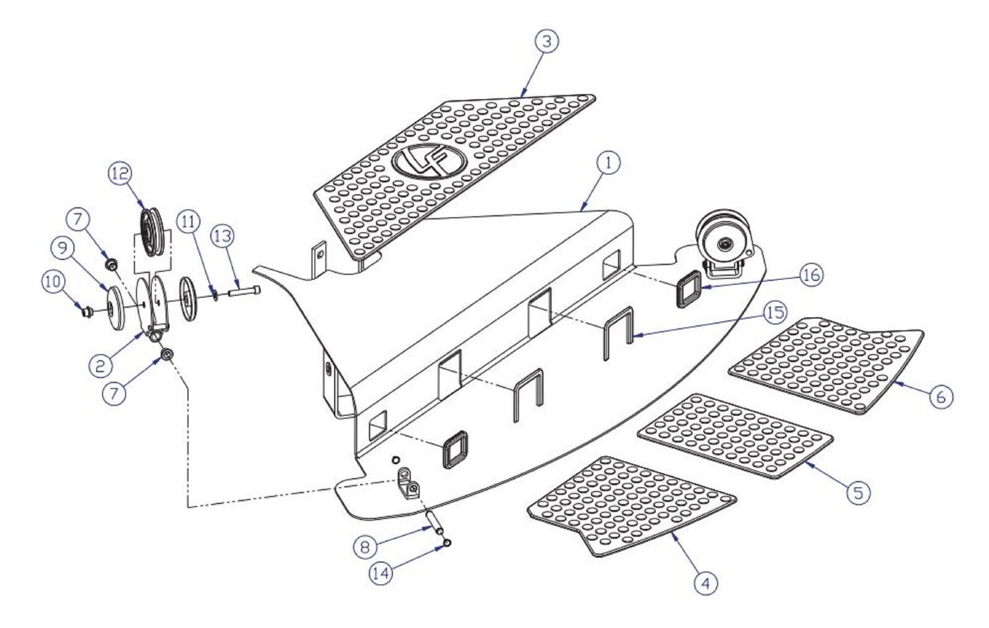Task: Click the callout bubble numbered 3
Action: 546,41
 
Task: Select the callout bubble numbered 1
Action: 608,163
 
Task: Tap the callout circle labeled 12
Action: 120,174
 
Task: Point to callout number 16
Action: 812,275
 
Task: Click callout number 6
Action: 941,397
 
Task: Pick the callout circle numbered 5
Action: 858,492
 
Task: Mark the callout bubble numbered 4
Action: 705,584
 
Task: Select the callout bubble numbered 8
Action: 365,548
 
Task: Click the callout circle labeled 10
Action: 53,282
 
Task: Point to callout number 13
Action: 223,237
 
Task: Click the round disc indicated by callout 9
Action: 117,308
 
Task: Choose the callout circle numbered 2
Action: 101,366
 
